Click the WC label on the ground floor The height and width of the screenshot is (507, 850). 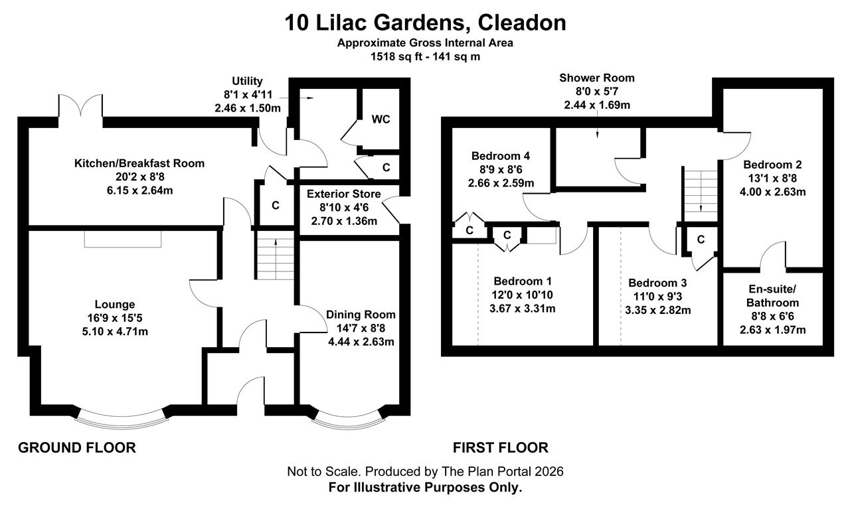click(381, 119)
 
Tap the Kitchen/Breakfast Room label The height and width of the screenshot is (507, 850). click(139, 163)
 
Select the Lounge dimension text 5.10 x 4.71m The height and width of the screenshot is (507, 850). click(115, 332)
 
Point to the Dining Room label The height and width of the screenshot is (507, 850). click(361, 315)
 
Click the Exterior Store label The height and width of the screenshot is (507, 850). click(344, 194)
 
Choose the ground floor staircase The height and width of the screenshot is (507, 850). click(276, 255)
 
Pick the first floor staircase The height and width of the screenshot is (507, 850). click(700, 196)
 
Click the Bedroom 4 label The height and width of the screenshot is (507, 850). click(501, 156)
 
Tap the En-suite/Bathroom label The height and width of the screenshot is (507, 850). click(772, 296)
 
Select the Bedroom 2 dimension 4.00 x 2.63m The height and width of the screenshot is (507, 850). click(772, 192)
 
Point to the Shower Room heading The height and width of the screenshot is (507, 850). click(597, 78)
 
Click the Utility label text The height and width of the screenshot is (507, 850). click(247, 81)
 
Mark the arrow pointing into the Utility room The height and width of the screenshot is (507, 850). click(307, 98)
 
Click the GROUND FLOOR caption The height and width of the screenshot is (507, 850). click(77, 448)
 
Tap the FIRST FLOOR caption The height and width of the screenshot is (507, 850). click(501, 448)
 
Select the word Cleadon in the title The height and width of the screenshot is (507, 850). click(522, 23)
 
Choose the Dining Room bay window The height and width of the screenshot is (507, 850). click(348, 421)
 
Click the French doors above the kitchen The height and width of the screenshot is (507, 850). click(80, 107)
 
